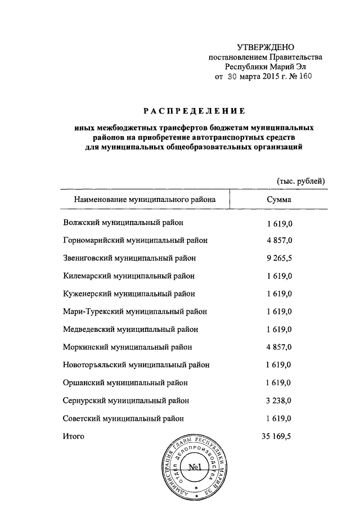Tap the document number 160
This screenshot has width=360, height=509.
pos(303,75)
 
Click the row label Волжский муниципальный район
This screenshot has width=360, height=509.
pos(123,223)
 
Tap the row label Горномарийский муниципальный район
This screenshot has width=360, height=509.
pos(135,240)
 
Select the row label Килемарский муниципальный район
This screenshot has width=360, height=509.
pos(129,276)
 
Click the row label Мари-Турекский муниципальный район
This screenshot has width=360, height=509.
pos(134,312)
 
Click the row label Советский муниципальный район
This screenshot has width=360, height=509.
pos(123,418)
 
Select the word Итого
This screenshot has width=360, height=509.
pos(74,436)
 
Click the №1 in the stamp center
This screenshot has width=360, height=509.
pos(196,466)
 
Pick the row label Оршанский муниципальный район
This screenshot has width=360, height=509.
pos(125,382)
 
